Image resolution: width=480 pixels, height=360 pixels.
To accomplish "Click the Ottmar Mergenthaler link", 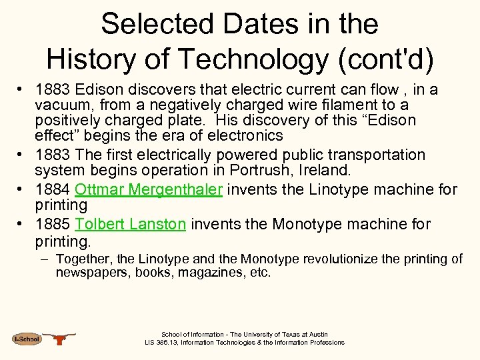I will (148, 189).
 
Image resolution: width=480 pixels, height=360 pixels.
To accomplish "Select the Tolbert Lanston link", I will (131, 224).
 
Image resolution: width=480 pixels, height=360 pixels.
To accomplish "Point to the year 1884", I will (53, 189).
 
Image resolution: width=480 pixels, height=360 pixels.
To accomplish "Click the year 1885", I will (53, 224).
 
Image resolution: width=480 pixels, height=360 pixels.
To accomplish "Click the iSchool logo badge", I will (27, 339).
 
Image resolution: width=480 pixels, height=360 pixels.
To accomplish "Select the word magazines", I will (203, 272).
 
